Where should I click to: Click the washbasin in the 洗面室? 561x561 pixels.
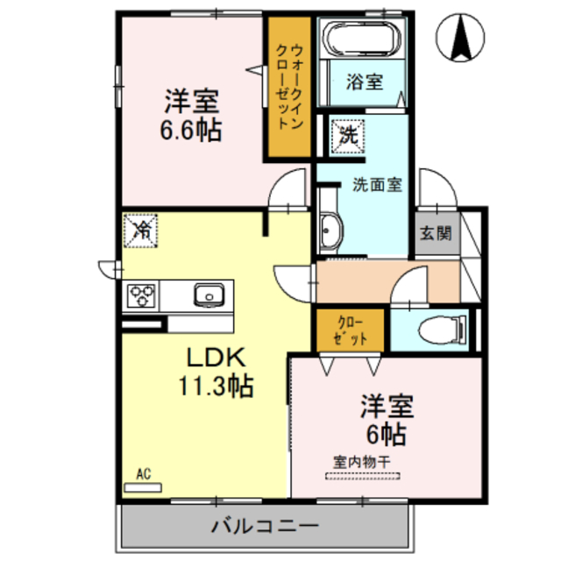click(330, 232)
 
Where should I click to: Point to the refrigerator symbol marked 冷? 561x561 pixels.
click(140, 231)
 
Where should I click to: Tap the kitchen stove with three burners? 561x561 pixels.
click(142, 295)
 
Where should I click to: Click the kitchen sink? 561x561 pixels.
click(211, 295)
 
